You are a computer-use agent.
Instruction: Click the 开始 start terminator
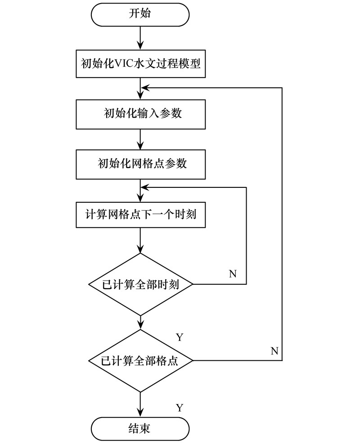(x=140, y=15)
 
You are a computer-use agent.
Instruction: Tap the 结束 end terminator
(x=140, y=429)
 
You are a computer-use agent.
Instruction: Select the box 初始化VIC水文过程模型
(x=140, y=64)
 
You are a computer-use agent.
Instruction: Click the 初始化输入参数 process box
(x=140, y=114)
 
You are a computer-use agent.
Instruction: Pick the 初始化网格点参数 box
(x=140, y=164)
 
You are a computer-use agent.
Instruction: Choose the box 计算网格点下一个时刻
(x=140, y=214)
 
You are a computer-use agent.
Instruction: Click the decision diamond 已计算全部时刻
(x=140, y=284)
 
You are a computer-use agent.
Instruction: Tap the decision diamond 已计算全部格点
(x=140, y=361)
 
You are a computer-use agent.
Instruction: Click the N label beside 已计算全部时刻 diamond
(x=233, y=274)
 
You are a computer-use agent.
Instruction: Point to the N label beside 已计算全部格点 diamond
(x=274, y=351)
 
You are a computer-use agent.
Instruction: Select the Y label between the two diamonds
(x=180, y=337)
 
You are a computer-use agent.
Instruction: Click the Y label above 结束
(x=180, y=408)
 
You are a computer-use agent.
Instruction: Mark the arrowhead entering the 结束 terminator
(x=140, y=413)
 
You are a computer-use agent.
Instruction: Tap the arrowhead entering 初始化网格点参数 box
(x=140, y=145)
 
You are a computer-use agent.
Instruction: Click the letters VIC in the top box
(x=124, y=64)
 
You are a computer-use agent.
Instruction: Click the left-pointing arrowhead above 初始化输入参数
(x=145, y=88)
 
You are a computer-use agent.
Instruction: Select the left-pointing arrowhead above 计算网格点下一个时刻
(x=145, y=187)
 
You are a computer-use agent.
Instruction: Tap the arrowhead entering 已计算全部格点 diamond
(x=140, y=325)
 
